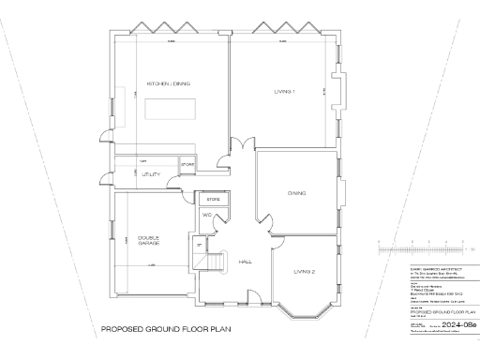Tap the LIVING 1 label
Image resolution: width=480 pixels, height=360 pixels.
click(285, 91)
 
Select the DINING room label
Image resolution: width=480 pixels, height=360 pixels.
click(297, 194)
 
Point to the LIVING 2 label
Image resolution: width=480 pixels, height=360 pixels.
click(302, 271)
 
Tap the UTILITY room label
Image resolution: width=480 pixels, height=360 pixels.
click(152, 174)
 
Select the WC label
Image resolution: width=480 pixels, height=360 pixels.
click(207, 215)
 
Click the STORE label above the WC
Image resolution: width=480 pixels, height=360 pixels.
click(212, 200)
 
